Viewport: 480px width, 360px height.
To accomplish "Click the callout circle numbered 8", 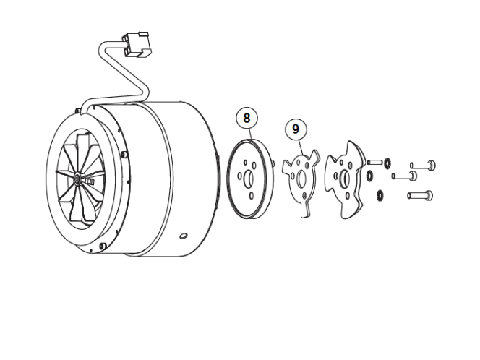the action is tap(247, 118).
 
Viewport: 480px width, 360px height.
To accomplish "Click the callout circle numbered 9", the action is tap(296, 129).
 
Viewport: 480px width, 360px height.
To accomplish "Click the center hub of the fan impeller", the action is tap(77, 178).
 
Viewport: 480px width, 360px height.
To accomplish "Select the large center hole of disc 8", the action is tap(248, 179).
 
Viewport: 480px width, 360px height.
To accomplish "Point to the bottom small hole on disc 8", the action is tap(252, 196).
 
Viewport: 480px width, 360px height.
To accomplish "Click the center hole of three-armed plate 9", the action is tap(301, 179).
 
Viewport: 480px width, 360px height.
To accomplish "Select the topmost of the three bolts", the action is tap(423, 166).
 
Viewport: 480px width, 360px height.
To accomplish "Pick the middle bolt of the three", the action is tap(404, 176).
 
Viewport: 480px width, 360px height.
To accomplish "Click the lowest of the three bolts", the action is tap(420, 195).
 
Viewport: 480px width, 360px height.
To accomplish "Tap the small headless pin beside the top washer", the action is tap(374, 162).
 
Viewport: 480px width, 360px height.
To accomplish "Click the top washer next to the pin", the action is tap(388, 163).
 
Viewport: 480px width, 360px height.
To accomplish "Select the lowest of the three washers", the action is tap(380, 196).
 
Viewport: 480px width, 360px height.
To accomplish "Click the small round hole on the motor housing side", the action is tap(184, 236).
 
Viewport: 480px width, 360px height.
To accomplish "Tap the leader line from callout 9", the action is tap(301, 147).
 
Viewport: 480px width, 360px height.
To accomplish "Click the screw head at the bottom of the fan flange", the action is tap(103, 245).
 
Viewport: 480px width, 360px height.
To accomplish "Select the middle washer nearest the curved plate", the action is tap(369, 176).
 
